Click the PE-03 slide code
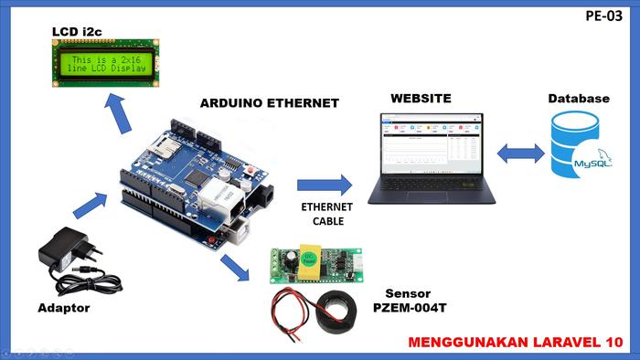[x=604, y=16]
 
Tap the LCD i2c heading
[x=77, y=32]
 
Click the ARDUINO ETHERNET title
[x=269, y=102]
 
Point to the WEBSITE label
[x=421, y=98]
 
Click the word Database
[x=578, y=98]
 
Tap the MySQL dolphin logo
[x=589, y=161]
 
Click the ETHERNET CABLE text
[x=326, y=214]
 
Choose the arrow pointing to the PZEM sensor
[x=235, y=268]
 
